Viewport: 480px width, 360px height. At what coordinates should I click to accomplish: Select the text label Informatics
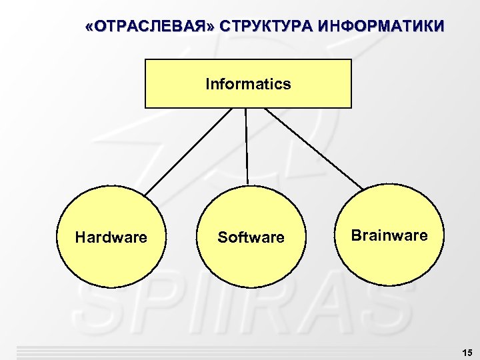[x=248, y=84]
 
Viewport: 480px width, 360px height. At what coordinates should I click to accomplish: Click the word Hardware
[x=111, y=237]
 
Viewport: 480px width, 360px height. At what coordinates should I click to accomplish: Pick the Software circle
[x=251, y=260]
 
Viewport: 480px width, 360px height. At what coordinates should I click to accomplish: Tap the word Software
[x=251, y=237]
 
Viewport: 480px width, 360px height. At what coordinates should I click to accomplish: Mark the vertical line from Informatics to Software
[x=247, y=147]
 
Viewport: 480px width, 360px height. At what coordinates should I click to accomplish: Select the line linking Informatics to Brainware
[x=313, y=148]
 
